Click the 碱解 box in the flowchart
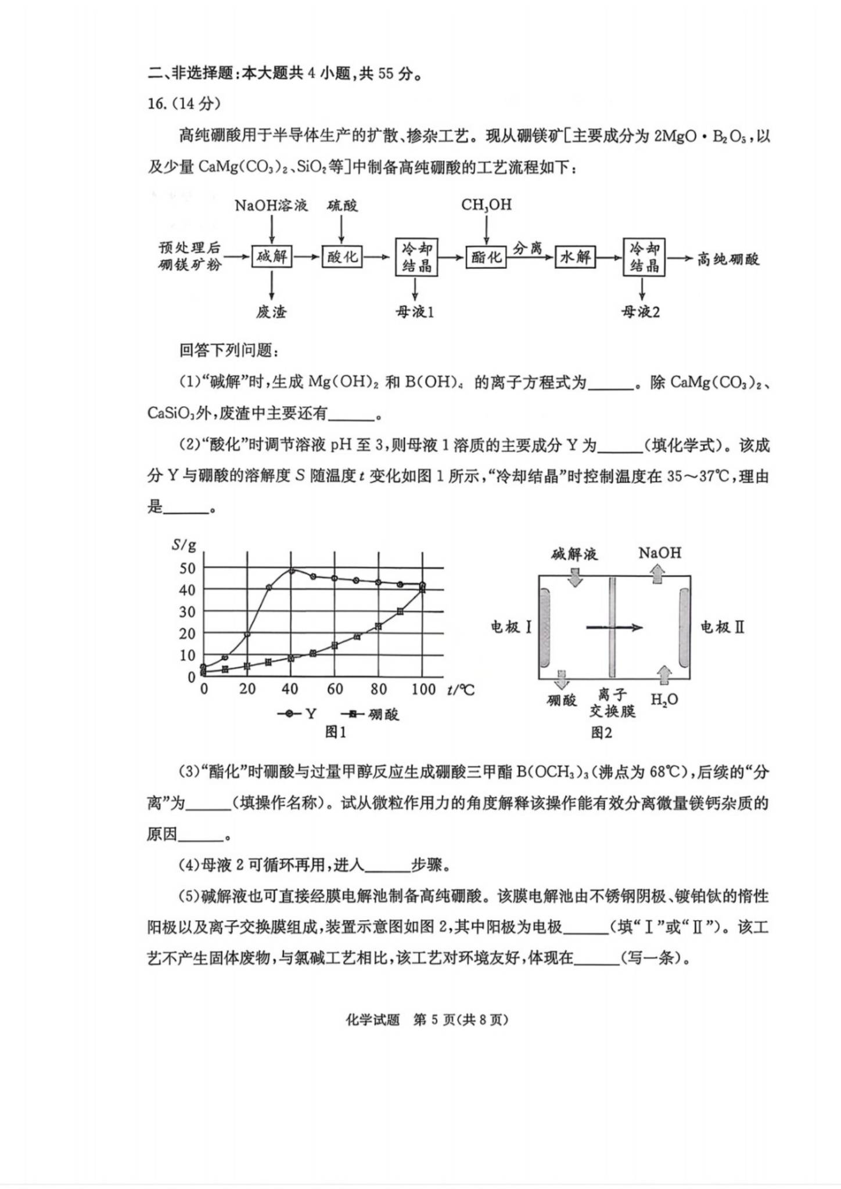[272, 256]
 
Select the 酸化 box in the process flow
[343, 256]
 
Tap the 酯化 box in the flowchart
[486, 256]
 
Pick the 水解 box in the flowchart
[574, 256]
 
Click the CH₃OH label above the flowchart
[486, 204]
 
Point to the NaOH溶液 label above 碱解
[271, 206]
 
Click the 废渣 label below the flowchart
[271, 312]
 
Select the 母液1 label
[415, 312]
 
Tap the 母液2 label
[641, 312]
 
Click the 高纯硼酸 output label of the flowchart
[728, 259]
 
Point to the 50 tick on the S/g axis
[187, 568]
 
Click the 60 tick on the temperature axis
[335, 689]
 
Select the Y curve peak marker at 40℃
[292, 571]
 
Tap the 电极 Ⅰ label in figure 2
[511, 627]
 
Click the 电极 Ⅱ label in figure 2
[722, 627]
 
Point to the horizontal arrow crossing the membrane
[614, 627]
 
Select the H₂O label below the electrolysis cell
[664, 700]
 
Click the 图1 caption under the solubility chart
[335, 732]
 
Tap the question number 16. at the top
[157, 104]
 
